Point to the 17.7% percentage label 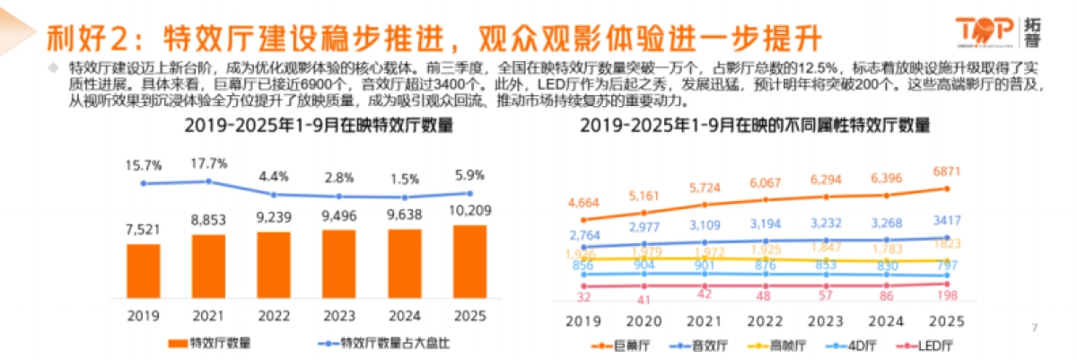click(x=210, y=162)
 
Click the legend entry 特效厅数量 click(x=212, y=342)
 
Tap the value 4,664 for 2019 click(x=584, y=203)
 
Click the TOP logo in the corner click(x=996, y=27)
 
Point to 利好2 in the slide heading click(x=78, y=38)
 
